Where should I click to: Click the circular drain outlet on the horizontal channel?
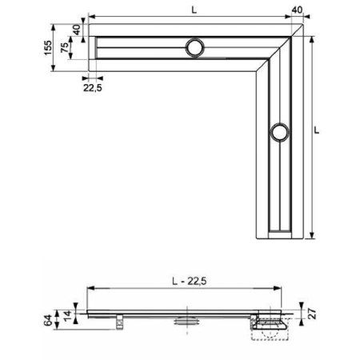[x=194, y=47]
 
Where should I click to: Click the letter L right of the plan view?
[x=319, y=127]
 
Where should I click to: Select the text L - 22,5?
[x=184, y=280]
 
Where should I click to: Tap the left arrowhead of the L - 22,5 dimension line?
[x=89, y=288]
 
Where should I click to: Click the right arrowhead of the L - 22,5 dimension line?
[x=279, y=288]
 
